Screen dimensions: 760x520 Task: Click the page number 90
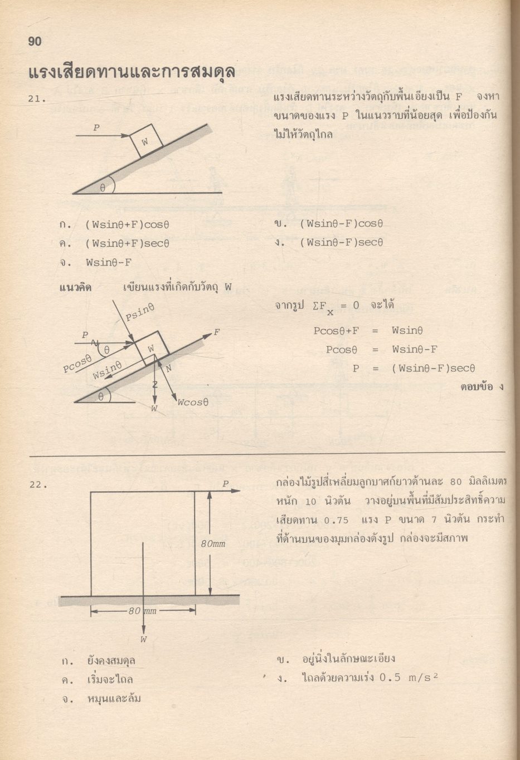pos(35,42)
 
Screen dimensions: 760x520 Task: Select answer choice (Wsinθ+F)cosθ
pos(127,225)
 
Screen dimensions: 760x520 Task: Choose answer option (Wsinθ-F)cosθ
pos(342,224)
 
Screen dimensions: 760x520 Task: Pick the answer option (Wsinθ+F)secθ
pos(127,243)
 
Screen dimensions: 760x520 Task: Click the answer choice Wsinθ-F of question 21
pos(109,262)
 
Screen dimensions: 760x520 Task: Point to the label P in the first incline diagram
pos(96,128)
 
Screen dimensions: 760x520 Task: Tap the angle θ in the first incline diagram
pos(103,188)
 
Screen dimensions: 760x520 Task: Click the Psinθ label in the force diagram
pos(139,312)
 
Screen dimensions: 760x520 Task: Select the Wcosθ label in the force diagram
pos(193,403)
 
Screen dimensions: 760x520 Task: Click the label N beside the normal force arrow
pos(169,368)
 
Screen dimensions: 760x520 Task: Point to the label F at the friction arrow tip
pos(217,332)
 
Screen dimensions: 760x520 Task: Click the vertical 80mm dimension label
pos(213,543)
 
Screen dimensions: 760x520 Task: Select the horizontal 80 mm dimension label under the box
pos(142,611)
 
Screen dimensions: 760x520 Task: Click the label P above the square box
pos(226,484)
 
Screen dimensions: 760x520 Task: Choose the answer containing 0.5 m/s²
pos(368,678)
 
